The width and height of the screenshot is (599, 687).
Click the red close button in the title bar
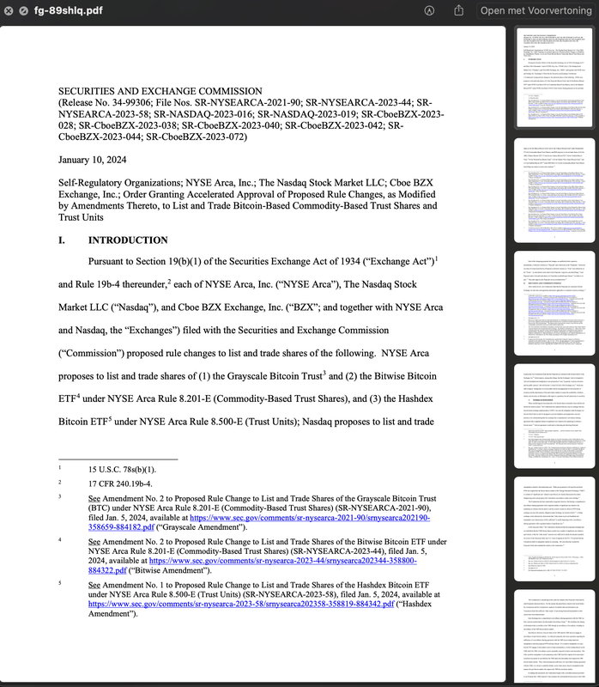(x=9, y=10)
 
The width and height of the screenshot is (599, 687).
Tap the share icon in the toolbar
(x=459, y=10)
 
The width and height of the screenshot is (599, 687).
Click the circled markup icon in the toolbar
(x=429, y=10)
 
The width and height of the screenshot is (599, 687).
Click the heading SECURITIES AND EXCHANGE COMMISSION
(x=170, y=91)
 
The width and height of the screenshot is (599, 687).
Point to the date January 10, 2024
(x=92, y=160)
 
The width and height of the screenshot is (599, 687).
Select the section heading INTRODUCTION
(x=128, y=240)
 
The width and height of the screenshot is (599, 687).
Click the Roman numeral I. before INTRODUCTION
(x=62, y=240)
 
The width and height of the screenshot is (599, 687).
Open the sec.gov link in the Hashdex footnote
(x=240, y=604)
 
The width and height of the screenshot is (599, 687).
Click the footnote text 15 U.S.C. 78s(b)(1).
(x=122, y=470)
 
